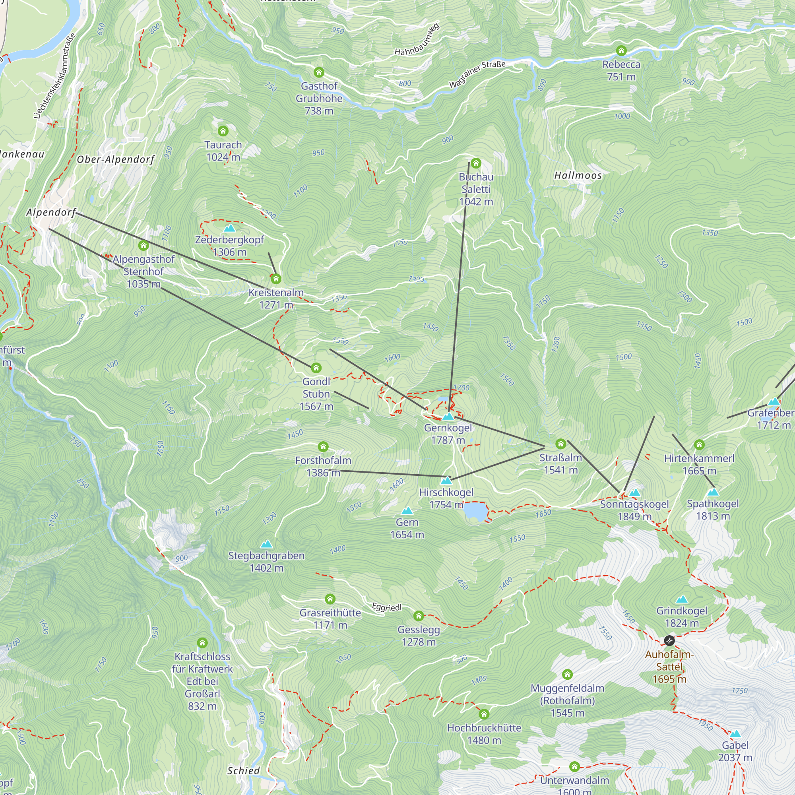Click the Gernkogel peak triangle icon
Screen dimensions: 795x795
pyautogui.click(x=448, y=417)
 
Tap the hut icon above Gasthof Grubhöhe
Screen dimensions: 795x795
pyautogui.click(x=319, y=73)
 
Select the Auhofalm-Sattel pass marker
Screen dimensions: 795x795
pyautogui.click(x=669, y=641)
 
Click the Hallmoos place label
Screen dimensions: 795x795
pyautogui.click(x=578, y=176)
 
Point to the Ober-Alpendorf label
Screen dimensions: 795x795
pyautogui.click(x=116, y=160)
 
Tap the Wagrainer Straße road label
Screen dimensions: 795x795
pyautogui.click(x=477, y=74)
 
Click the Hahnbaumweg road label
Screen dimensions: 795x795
pyautogui.click(x=417, y=40)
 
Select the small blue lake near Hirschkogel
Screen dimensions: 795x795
pyautogui.click(x=475, y=512)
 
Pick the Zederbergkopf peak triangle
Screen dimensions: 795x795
pyautogui.click(x=230, y=228)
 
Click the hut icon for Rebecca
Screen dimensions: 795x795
pyautogui.click(x=621, y=50)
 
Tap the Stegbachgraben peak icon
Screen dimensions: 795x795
pyautogui.click(x=267, y=544)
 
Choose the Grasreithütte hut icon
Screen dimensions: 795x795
pyautogui.click(x=330, y=599)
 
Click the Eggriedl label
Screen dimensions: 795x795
pyautogui.click(x=386, y=607)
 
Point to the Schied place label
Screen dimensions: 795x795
pyautogui.click(x=244, y=771)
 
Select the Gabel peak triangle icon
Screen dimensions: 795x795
pyautogui.click(x=735, y=734)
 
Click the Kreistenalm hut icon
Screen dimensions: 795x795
pyautogui.click(x=276, y=279)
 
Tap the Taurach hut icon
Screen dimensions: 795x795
pyautogui.click(x=223, y=131)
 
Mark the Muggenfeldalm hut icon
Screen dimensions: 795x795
pyautogui.click(x=568, y=674)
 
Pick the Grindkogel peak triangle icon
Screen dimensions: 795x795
pyautogui.click(x=682, y=599)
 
